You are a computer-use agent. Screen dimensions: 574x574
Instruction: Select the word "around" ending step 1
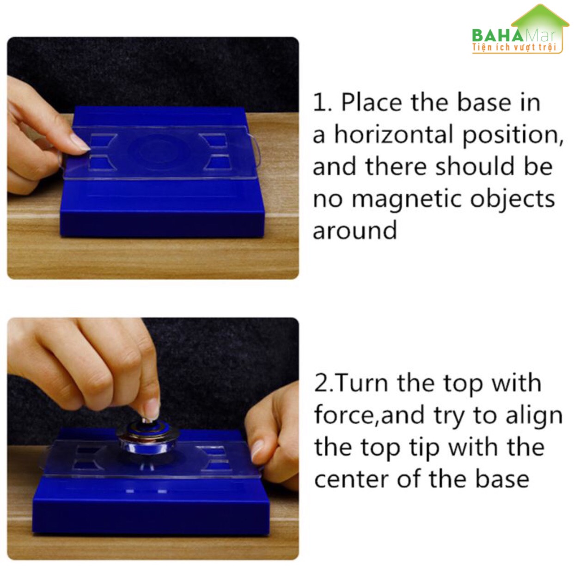click(x=355, y=230)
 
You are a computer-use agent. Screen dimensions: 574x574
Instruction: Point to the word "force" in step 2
click(x=345, y=415)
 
